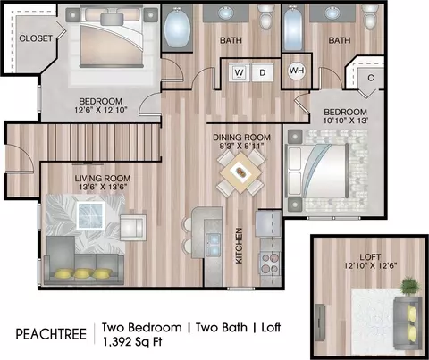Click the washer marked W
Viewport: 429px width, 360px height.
click(x=239, y=72)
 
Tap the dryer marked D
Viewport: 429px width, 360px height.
click(x=262, y=72)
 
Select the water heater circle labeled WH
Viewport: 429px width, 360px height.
click(x=297, y=71)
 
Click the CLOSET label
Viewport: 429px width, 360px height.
click(x=36, y=38)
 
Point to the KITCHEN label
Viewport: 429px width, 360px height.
click(x=239, y=246)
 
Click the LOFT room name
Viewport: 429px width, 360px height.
click(x=370, y=256)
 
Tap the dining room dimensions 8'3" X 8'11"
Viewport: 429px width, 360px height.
click(x=242, y=147)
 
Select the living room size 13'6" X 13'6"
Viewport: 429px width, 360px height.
click(x=103, y=187)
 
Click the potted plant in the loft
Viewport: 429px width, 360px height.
click(x=410, y=286)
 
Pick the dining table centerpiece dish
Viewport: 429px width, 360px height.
click(x=240, y=172)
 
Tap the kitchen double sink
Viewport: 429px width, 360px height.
click(x=214, y=245)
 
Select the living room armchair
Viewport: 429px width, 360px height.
click(x=133, y=226)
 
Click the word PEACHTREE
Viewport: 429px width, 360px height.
click(x=51, y=334)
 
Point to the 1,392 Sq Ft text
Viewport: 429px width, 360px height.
click(x=132, y=342)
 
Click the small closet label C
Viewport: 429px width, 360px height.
click(x=371, y=78)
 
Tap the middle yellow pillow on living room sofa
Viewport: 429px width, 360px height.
click(x=83, y=273)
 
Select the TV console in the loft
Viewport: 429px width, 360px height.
click(x=320, y=322)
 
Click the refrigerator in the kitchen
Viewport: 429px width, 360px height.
click(x=268, y=223)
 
